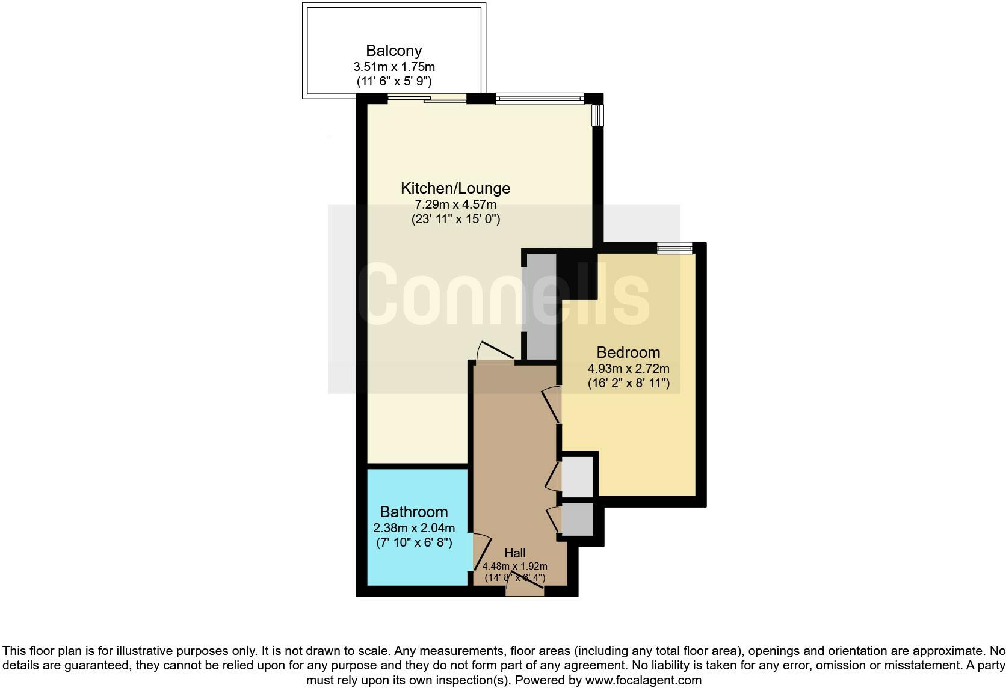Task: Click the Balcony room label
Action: click(x=393, y=51)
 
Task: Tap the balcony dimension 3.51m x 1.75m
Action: click(x=393, y=67)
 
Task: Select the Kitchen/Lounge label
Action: click(x=455, y=188)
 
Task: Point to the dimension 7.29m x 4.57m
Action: click(x=455, y=204)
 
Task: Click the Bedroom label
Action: click(x=628, y=352)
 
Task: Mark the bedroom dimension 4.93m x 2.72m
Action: click(x=628, y=369)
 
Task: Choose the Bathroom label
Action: click(x=414, y=512)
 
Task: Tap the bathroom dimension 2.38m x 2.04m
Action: click(x=414, y=528)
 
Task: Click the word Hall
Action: click(x=515, y=553)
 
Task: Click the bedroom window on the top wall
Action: click(x=674, y=248)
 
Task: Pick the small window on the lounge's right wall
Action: click(x=597, y=115)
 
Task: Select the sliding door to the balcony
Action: click(x=427, y=99)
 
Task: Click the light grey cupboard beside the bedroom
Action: click(x=577, y=478)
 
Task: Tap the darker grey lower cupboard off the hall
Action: click(x=577, y=519)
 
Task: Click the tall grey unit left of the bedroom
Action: click(x=541, y=307)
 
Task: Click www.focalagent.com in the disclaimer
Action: click(x=643, y=681)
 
